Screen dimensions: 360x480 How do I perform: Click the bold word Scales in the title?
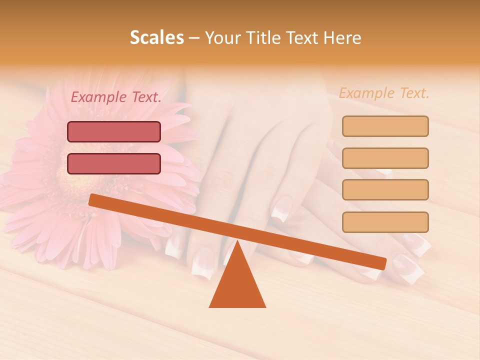pos(157,38)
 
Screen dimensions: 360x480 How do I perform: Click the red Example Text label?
pos(116,97)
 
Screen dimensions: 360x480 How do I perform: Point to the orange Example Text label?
pos(384,93)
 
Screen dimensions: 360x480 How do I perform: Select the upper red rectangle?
pos(114,132)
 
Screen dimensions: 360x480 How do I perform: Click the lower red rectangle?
pos(114,164)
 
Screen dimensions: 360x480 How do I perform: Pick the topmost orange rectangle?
pos(385,126)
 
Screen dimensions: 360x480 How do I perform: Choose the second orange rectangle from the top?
pos(385,158)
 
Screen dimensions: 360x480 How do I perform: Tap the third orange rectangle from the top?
pos(385,190)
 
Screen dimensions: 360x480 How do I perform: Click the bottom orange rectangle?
pos(385,222)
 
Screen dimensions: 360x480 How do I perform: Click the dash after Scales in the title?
pos(194,38)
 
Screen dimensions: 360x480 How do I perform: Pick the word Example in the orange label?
pos(367,93)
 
